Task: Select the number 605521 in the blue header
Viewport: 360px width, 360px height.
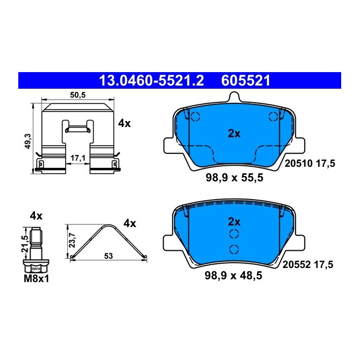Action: pyautogui.click(x=245, y=81)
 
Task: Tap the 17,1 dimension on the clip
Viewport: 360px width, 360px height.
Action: pyautogui.click(x=79, y=158)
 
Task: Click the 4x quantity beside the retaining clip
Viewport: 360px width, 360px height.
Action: pyautogui.click(x=124, y=123)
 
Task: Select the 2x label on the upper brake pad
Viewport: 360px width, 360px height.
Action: pyautogui.click(x=234, y=134)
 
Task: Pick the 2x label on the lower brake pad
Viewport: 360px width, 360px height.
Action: pyautogui.click(x=234, y=221)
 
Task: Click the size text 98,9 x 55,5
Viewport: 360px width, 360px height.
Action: pyautogui.click(x=234, y=178)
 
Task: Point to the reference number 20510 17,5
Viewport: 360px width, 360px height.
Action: pyautogui.click(x=309, y=163)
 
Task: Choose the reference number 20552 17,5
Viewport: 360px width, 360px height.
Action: pyautogui.click(x=309, y=264)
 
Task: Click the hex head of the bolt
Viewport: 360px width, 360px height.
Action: pyautogui.click(x=36, y=266)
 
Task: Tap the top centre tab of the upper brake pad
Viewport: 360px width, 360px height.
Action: pyautogui.click(x=234, y=98)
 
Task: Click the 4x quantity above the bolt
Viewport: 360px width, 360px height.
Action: pyautogui.click(x=36, y=216)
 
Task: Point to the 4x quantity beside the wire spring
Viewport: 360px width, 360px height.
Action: pyautogui.click(x=130, y=222)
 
